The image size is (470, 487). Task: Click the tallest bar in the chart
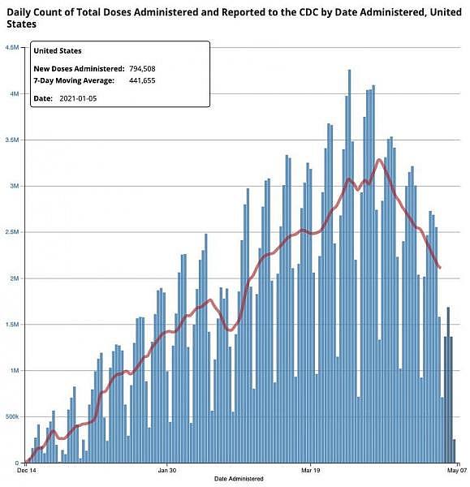[x=349, y=266]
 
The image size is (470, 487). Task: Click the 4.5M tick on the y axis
[x=12, y=48]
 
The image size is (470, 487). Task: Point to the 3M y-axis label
[x=15, y=186]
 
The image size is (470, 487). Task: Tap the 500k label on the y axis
[x=12, y=416]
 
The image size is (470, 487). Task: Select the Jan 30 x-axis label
[x=167, y=470]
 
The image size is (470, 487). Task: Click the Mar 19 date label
[x=311, y=470]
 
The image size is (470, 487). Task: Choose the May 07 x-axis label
[x=457, y=470]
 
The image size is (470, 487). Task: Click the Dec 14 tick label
[x=27, y=470]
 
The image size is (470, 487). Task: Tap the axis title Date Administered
[x=239, y=479]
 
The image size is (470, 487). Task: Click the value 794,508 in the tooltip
[x=142, y=69]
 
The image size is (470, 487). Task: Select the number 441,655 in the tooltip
[x=142, y=80]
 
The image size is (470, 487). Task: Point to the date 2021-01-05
[x=78, y=98]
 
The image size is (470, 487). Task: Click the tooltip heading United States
[x=58, y=51]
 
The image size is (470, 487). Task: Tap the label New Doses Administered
[x=79, y=69]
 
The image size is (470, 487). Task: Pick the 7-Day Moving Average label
[x=74, y=80]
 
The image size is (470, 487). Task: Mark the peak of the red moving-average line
[x=379, y=160]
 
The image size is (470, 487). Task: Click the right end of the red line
[x=440, y=267]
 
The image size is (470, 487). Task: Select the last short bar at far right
[x=454, y=451]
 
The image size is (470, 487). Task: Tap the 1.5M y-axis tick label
[x=13, y=325]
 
